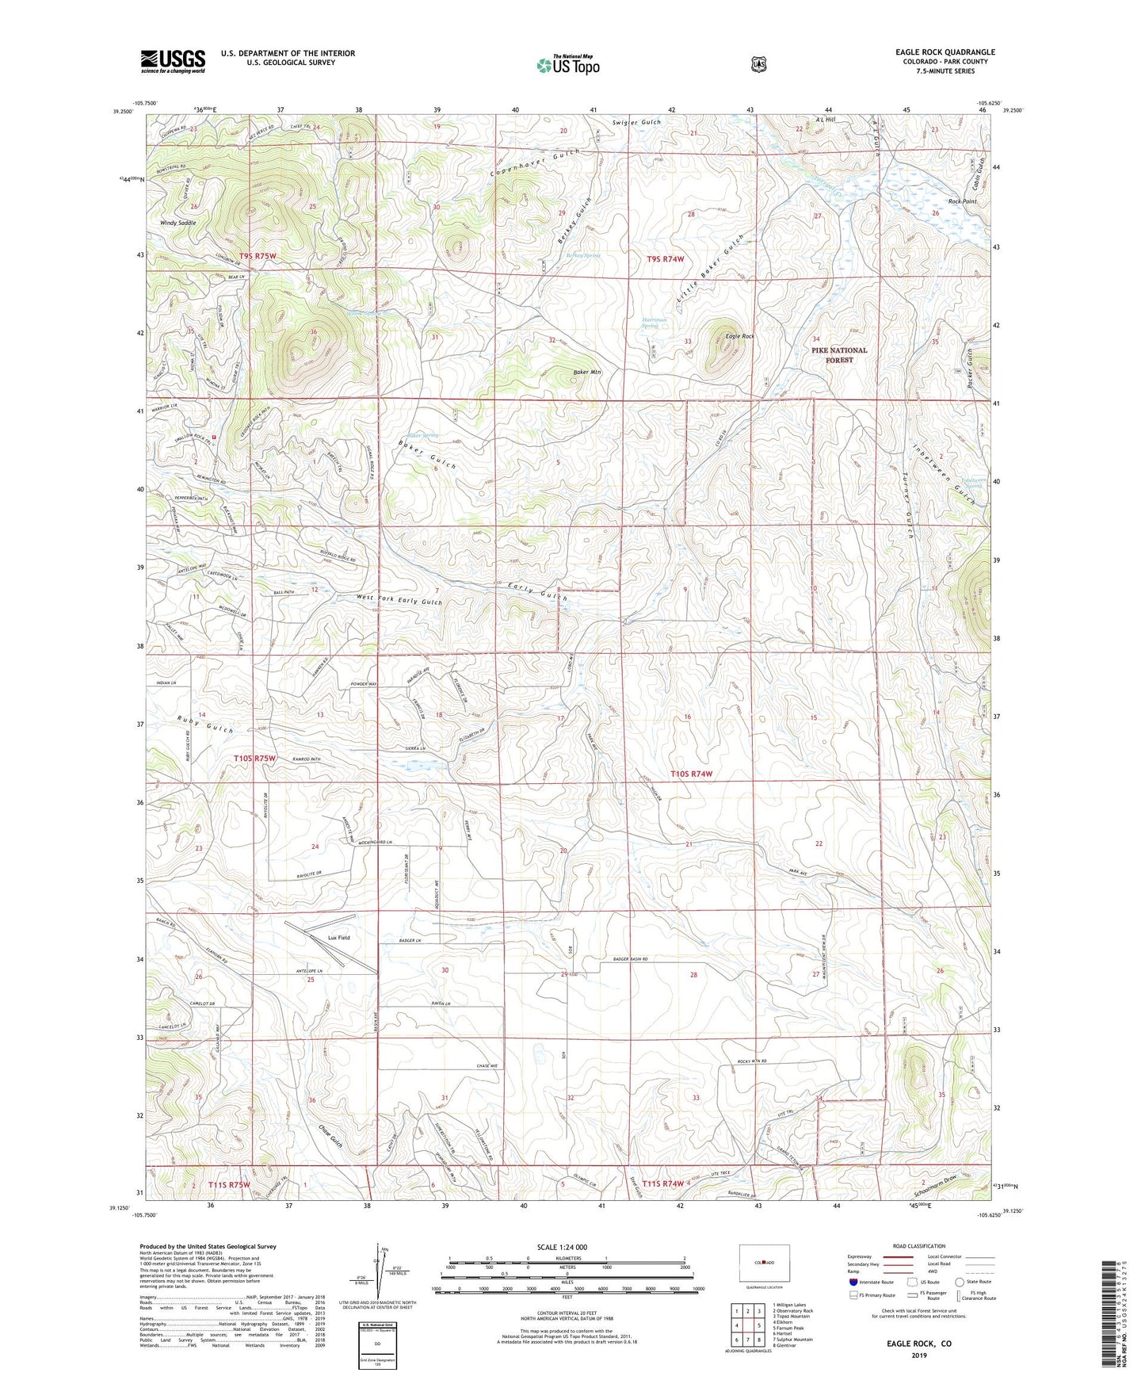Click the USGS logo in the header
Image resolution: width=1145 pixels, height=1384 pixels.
click(173, 61)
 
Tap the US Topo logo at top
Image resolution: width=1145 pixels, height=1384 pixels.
click(567, 65)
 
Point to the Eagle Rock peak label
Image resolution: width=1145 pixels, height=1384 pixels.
click(739, 336)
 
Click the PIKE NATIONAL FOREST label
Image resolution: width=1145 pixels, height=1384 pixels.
click(839, 354)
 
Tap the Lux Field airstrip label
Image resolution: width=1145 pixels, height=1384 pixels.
click(338, 937)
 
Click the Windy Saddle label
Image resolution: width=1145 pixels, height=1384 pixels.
click(178, 223)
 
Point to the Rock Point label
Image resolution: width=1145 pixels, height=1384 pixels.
click(962, 201)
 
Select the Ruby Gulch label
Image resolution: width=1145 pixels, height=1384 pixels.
click(205, 723)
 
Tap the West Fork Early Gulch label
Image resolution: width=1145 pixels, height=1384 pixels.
click(399, 600)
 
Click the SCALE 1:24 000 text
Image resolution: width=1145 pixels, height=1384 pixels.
click(562, 1247)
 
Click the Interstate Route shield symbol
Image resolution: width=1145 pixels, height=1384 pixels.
click(853, 1281)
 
